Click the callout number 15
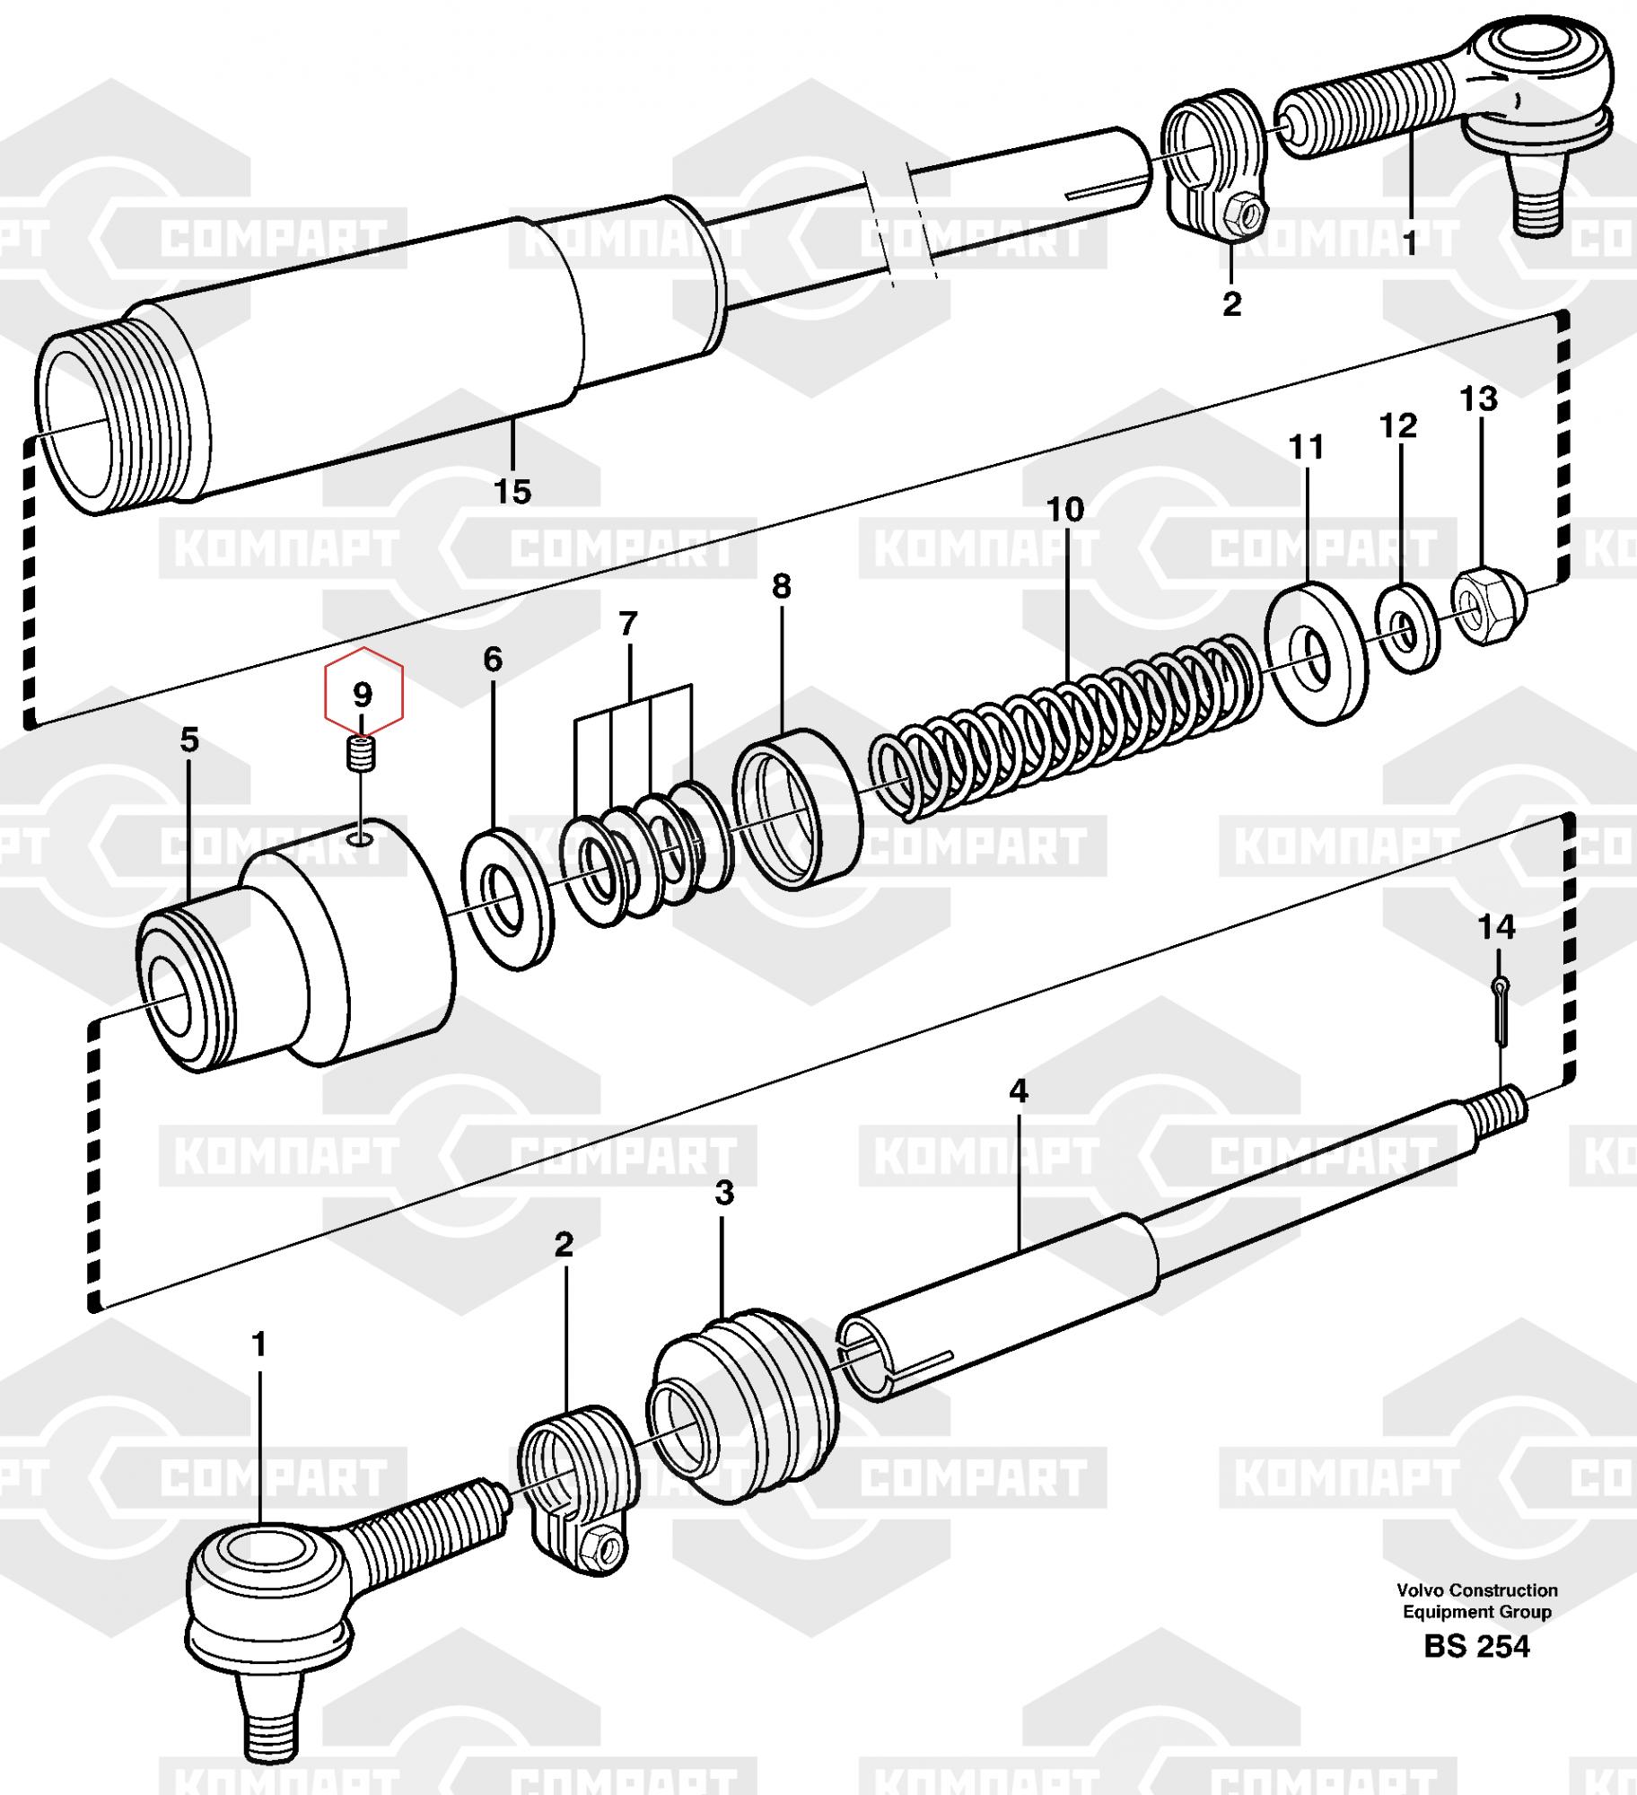click(512, 491)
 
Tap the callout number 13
click(1478, 398)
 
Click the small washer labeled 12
click(1407, 628)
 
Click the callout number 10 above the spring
click(1065, 510)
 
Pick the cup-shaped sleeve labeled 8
click(798, 809)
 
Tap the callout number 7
click(628, 623)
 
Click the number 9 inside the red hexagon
click(362, 694)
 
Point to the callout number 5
click(188, 740)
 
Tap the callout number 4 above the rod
click(1018, 1090)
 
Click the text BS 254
click(1476, 1647)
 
